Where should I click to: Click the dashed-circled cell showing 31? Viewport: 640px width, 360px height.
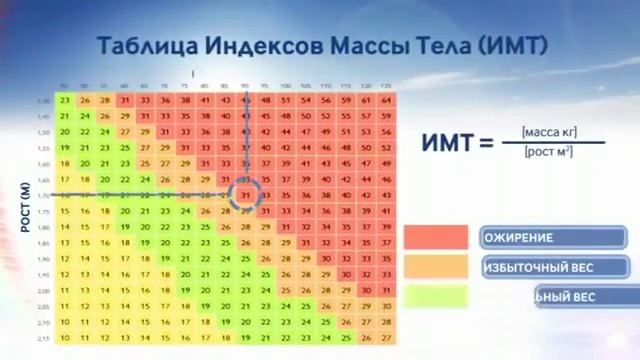[245, 195]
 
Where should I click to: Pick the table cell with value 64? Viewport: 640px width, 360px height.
[387, 100]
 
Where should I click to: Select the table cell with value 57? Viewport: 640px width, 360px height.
[367, 116]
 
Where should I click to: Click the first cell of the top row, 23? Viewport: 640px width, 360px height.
[65, 100]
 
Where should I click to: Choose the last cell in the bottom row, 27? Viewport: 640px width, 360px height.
[387, 338]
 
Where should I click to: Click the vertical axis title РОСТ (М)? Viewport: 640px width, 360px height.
[27, 207]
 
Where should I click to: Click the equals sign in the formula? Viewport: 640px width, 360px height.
[487, 143]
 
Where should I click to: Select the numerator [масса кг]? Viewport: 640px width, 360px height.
[549, 132]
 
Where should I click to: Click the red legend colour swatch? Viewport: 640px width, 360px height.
[435, 237]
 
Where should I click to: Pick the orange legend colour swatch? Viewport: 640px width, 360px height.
[435, 267]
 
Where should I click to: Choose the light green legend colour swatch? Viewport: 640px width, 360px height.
[435, 297]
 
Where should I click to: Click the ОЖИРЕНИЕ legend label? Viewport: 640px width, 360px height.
[518, 238]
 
